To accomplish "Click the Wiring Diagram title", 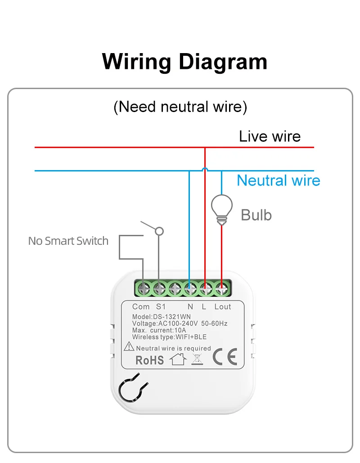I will [x=184, y=62].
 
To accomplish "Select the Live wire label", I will [x=270, y=136].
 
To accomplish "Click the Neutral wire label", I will [x=278, y=180].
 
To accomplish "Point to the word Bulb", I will [x=256, y=215].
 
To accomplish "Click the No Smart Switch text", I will [x=68, y=241].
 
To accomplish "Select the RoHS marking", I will [x=149, y=360].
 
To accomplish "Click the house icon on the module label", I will [x=177, y=360].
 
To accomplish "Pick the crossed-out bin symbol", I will [x=197, y=359].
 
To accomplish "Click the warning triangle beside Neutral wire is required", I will [x=129, y=347].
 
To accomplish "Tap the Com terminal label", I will [x=141, y=307].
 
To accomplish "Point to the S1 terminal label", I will [x=161, y=307].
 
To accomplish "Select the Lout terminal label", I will [x=222, y=307].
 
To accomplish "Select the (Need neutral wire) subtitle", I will [x=180, y=107].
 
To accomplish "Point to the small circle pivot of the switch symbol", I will [x=159, y=231].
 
